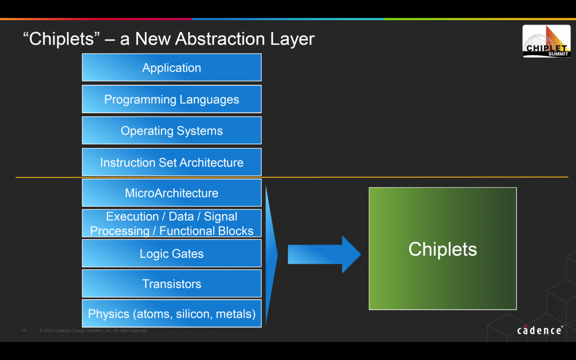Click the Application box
pos(171,68)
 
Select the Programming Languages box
pos(171,99)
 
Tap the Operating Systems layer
pos(171,131)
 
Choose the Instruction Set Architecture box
pos(171,162)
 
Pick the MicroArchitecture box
pos(171,193)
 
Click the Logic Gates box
pos(171,253)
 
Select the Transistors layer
pos(171,284)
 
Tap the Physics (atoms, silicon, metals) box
pos(171,314)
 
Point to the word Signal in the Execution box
pos(220,216)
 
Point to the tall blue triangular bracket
pos(271,254)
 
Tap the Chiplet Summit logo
pos(546,42)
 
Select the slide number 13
pos(24,331)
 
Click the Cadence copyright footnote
pos(93,331)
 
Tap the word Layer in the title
pos(293,39)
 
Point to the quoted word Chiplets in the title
pos(62,39)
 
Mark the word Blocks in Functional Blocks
pos(235,231)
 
